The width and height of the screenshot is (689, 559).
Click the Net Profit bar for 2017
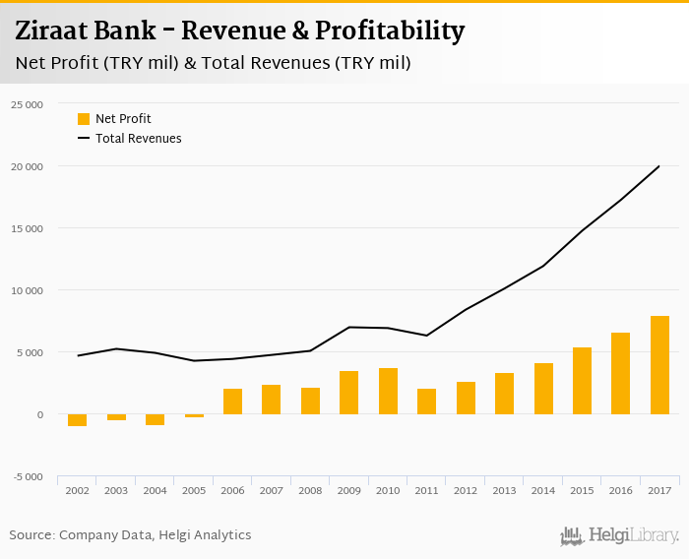[659, 365]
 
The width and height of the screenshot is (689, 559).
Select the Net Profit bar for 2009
[348, 393]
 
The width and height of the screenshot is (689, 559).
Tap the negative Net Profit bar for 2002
[77, 420]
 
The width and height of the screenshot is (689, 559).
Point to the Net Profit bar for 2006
[232, 402]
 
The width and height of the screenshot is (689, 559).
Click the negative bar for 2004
[155, 419]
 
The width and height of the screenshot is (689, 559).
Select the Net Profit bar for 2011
[426, 402]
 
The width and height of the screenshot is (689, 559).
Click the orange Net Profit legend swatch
[84, 119]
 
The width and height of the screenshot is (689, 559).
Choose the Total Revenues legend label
[138, 139]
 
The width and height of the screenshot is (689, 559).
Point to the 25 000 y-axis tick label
[27, 104]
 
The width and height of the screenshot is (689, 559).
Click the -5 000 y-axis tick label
[27, 477]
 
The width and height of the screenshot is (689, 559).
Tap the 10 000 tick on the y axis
[27, 290]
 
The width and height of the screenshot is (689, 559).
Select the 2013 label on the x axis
[504, 490]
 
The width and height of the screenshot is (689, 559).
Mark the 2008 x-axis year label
[310, 490]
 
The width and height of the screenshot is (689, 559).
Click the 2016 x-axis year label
[620, 490]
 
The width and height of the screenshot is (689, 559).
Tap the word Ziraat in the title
[56, 31]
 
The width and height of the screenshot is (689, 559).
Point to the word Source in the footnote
[31, 535]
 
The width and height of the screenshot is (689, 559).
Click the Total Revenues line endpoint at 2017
[658, 166]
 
